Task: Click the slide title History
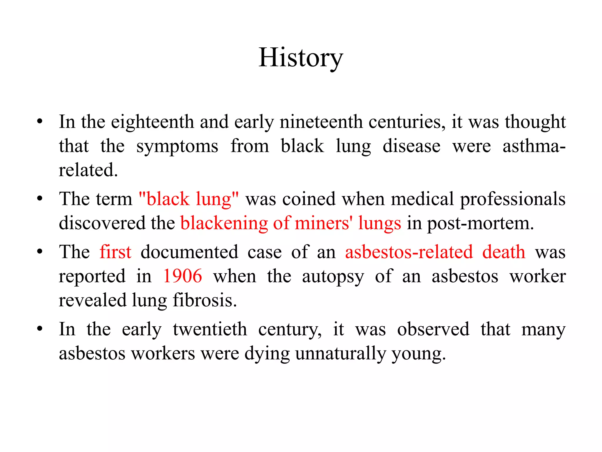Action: (x=301, y=58)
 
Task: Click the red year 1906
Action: (x=183, y=276)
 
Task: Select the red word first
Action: (x=116, y=252)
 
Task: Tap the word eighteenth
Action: (x=152, y=122)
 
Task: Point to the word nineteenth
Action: (x=321, y=122)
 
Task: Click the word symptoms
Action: (x=177, y=146)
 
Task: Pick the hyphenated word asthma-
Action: (x=534, y=146)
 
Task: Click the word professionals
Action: (x=513, y=199)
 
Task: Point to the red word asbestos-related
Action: (x=409, y=252)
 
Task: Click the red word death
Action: (x=504, y=252)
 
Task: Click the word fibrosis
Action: (x=205, y=300)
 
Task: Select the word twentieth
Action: (x=210, y=329)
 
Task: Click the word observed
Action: (x=433, y=329)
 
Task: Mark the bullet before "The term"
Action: (x=40, y=198)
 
